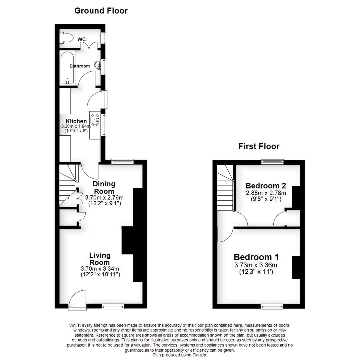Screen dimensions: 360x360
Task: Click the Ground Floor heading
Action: [x=101, y=11]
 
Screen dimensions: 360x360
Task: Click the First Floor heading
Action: [x=259, y=146]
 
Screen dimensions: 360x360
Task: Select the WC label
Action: [x=82, y=40]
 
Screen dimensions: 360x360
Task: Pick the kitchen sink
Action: [x=96, y=119]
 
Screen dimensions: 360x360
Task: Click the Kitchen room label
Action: [x=76, y=121]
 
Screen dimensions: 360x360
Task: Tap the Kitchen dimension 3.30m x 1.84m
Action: [x=76, y=127]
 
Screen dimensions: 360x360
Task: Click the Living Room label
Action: [x=100, y=259]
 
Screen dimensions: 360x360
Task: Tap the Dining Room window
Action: [x=122, y=162]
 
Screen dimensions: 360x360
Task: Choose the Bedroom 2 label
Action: [x=266, y=186]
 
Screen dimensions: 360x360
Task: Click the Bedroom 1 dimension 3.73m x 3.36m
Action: [x=256, y=265]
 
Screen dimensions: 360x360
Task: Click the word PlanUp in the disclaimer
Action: [x=199, y=355]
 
